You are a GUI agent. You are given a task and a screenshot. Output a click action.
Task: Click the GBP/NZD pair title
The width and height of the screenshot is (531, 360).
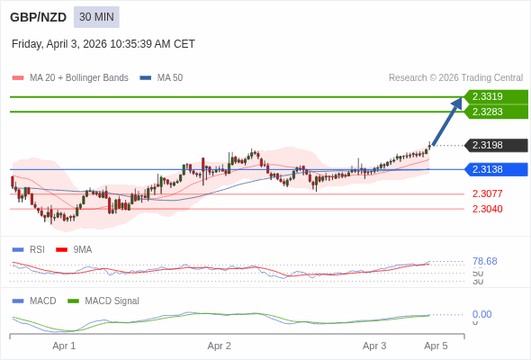38,17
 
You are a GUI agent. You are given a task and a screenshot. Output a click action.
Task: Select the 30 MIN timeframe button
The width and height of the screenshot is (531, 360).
96,17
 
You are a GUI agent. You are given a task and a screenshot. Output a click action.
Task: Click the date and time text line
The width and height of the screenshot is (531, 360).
103,43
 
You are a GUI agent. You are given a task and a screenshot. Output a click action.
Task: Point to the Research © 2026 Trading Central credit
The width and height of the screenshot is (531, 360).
455,77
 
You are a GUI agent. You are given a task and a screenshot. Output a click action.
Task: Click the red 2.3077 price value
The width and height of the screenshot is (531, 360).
488,193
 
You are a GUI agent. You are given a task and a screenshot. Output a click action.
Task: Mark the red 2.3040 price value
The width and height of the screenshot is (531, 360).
488,209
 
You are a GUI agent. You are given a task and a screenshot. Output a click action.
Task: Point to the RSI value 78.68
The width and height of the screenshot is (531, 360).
484,261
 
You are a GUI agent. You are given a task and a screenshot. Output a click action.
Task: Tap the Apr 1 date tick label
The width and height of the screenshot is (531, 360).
64,346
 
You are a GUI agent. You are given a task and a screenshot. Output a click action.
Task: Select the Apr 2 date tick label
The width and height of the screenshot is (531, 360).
220,346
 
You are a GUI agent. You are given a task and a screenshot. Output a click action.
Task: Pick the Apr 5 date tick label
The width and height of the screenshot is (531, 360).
436,346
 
